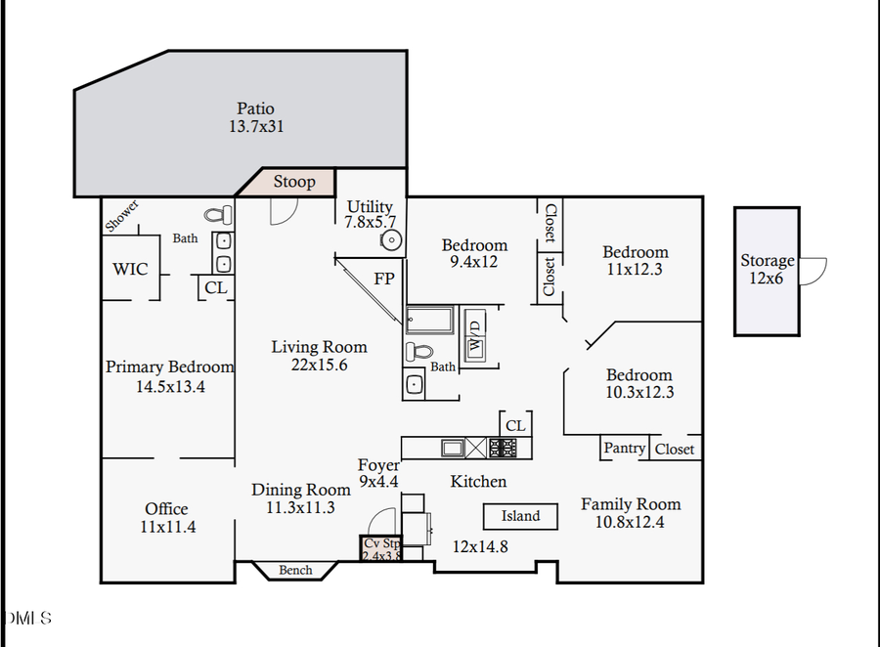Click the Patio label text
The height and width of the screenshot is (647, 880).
click(x=255, y=108)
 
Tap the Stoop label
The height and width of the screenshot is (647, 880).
click(x=294, y=182)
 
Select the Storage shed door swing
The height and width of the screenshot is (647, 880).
click(x=814, y=271)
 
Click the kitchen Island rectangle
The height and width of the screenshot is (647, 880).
click(x=520, y=516)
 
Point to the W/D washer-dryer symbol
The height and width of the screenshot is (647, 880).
click(x=475, y=337)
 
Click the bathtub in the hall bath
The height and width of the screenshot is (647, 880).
click(x=429, y=320)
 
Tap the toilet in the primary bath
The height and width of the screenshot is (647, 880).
click(x=220, y=214)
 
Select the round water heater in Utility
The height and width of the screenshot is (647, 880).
click(x=391, y=238)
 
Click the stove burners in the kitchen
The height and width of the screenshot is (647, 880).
click(x=503, y=448)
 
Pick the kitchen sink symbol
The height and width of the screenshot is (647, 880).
click(x=452, y=448)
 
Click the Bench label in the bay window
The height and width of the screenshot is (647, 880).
click(x=295, y=570)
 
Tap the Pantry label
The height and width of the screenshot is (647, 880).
click(x=624, y=448)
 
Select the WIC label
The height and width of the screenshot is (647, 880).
click(x=130, y=268)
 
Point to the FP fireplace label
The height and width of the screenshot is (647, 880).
click(x=384, y=279)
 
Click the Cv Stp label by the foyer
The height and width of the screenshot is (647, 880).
click(x=381, y=543)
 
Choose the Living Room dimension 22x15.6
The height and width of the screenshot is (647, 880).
click(x=319, y=365)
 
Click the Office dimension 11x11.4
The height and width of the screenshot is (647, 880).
click(x=167, y=527)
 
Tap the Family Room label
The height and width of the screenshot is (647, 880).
click(x=631, y=504)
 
